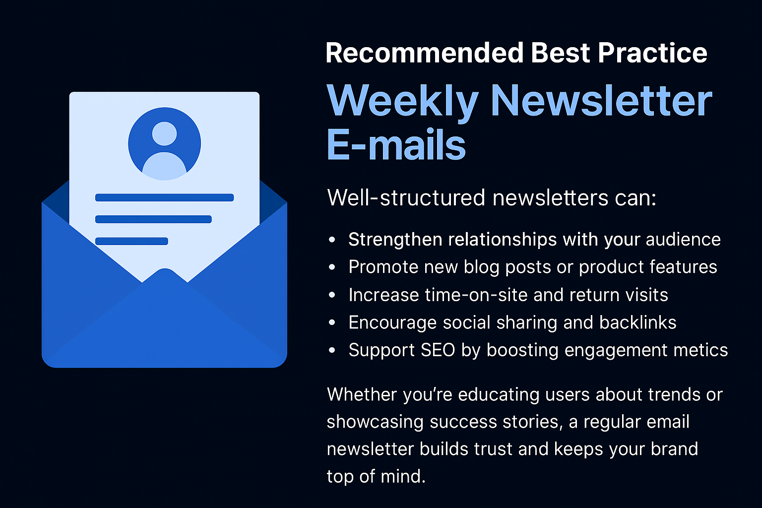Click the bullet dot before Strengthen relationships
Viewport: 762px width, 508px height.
[x=332, y=240]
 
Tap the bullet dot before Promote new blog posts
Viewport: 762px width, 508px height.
[x=332, y=267]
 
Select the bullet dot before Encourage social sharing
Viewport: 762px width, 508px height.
[x=332, y=322]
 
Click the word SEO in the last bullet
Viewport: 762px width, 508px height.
[x=438, y=350]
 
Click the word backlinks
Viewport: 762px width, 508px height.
[x=638, y=322]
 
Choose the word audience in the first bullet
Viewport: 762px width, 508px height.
[x=683, y=240]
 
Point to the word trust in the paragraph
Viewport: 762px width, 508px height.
[x=493, y=449]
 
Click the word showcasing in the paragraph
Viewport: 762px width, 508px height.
[x=375, y=422]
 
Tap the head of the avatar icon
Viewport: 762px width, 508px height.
[x=164, y=134]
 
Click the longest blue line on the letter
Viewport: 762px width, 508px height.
[x=164, y=197]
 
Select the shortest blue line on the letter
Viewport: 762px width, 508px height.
[x=131, y=241]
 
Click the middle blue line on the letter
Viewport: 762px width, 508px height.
[x=153, y=219]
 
